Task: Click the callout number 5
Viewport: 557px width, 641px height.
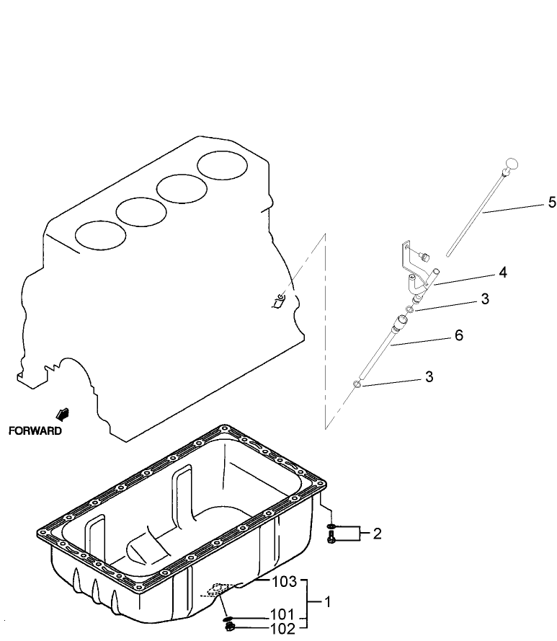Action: (552, 203)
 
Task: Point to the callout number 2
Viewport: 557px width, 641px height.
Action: (376, 534)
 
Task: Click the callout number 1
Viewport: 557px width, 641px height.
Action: (329, 600)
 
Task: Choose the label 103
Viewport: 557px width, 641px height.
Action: (284, 581)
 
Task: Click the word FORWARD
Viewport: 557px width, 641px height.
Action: (35, 431)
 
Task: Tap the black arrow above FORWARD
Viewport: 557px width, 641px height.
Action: (63, 415)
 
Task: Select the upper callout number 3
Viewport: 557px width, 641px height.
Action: (485, 299)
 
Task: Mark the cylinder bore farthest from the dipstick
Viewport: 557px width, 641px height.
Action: (100, 234)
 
